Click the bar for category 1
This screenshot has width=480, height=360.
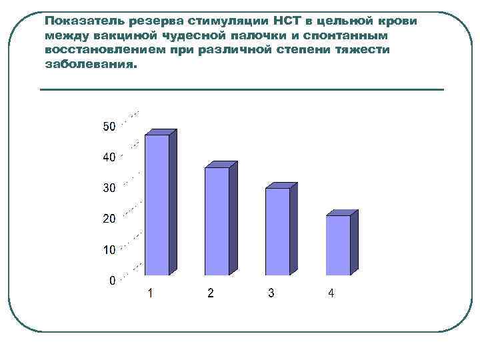pyautogui.click(x=157, y=205)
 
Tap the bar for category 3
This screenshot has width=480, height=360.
pyautogui.click(x=277, y=231)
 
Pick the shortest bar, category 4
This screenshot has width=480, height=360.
pyautogui.click(x=338, y=245)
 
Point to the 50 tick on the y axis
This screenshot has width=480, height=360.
pyautogui.click(x=109, y=127)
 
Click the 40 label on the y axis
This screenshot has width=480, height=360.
pyautogui.click(x=109, y=157)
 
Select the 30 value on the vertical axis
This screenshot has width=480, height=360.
pyautogui.click(x=109, y=188)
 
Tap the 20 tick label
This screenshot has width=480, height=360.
pyautogui.click(x=109, y=219)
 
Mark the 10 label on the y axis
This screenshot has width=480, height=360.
pyautogui.click(x=109, y=249)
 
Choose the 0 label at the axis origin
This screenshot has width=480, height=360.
pyautogui.click(x=113, y=280)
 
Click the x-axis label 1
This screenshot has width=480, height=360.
pyautogui.click(x=151, y=293)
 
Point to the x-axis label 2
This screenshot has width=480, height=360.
pyautogui.click(x=211, y=293)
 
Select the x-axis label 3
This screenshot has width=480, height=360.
pyautogui.click(x=271, y=293)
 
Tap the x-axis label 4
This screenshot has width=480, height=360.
pyautogui.click(x=331, y=293)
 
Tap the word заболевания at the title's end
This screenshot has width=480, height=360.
pyautogui.click(x=89, y=65)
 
